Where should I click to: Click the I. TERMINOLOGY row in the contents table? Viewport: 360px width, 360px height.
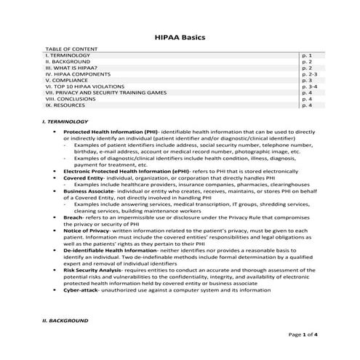(x=68, y=55)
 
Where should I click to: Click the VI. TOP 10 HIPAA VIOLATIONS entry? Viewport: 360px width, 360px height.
(x=87, y=87)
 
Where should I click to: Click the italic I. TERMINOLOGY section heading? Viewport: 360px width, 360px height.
(x=66, y=121)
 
